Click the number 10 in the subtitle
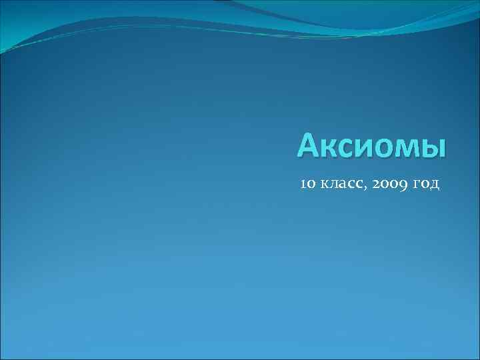click(308, 183)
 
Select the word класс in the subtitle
click(341, 184)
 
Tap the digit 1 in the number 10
click(304, 183)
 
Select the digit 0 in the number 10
click(312, 184)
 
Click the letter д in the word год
click(435, 185)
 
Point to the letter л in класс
click(333, 184)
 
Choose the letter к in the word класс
click(324, 184)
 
